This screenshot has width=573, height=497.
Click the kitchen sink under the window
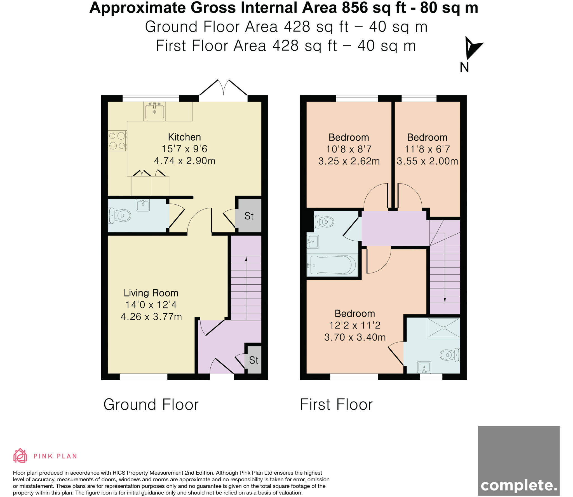[x=154, y=111]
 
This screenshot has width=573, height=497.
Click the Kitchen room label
[x=184, y=137]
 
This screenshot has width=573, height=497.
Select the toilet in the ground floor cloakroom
[x=119, y=215]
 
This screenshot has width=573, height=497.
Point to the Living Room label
[x=151, y=293]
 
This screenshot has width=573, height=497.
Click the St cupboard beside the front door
[x=253, y=360]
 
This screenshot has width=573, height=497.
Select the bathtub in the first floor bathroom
[x=332, y=265]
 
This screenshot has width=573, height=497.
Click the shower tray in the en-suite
[x=443, y=328]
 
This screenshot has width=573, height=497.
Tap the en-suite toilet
[x=450, y=355]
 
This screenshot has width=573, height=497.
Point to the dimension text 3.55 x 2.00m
[x=427, y=161]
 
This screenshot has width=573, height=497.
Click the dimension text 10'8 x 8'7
[x=349, y=149]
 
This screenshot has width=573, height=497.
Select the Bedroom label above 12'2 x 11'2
[x=355, y=313]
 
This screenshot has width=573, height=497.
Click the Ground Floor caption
[x=151, y=404]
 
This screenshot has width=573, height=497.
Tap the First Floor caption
[x=336, y=404]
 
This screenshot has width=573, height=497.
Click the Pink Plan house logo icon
[x=20, y=456]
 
